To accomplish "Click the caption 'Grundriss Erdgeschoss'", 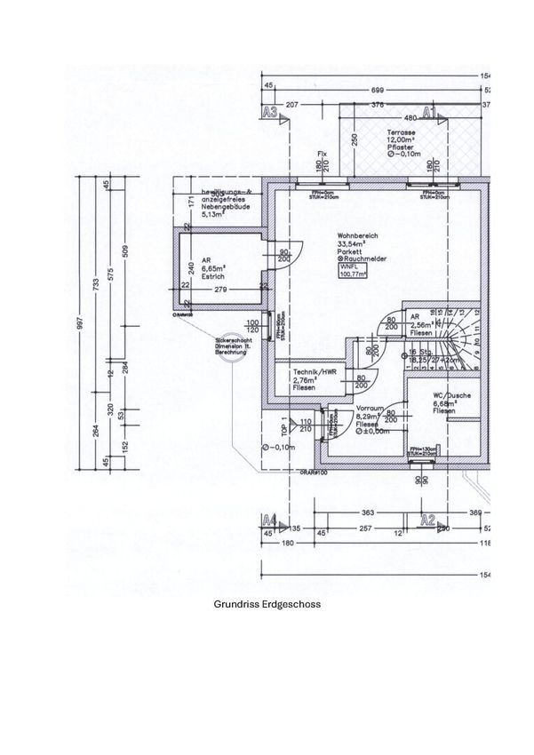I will (267, 604).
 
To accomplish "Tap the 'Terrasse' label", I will (400, 131).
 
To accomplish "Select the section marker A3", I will (272, 112).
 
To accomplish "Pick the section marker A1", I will (429, 112).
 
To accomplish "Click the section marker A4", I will (272, 519).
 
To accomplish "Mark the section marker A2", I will (429, 519).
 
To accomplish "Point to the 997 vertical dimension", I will (81, 324).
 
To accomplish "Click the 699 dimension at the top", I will (377, 91).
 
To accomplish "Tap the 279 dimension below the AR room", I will (222, 290).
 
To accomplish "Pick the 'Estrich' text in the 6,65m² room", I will (211, 275).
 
